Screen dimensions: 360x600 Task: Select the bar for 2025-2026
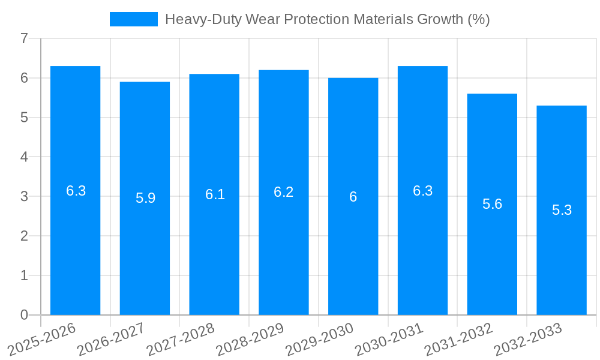pyautogui.click(x=75, y=190)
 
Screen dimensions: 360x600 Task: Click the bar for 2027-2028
pyautogui.click(x=214, y=194)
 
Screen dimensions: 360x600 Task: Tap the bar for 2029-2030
pyautogui.click(x=353, y=196)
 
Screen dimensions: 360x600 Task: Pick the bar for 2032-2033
pyautogui.click(x=562, y=210)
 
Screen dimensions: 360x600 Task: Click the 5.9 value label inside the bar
pyautogui.click(x=145, y=198)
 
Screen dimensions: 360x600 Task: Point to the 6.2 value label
pyautogui.click(x=284, y=192)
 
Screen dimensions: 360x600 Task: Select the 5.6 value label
pyautogui.click(x=492, y=204)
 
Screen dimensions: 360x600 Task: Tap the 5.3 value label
pyautogui.click(x=562, y=211)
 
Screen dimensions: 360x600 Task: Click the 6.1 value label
pyautogui.click(x=215, y=194)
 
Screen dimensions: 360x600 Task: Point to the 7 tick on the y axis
pyautogui.click(x=24, y=38)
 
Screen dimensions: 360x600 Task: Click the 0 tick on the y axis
pyautogui.click(x=24, y=315)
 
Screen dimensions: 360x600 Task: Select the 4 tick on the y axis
pyautogui.click(x=24, y=157)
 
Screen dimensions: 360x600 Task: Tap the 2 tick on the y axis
pyautogui.click(x=24, y=236)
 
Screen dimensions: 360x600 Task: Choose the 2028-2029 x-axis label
pyautogui.click(x=251, y=339)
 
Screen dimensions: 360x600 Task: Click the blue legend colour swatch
pyautogui.click(x=133, y=19)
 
